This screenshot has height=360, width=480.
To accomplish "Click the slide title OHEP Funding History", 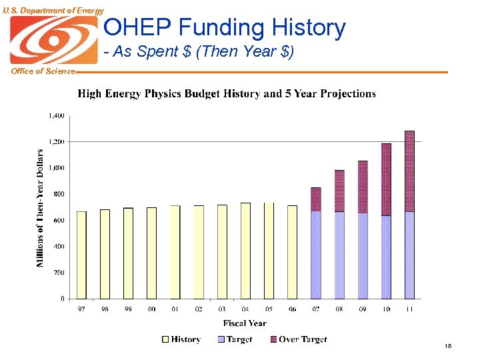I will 225,28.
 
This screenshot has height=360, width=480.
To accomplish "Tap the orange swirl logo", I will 53,40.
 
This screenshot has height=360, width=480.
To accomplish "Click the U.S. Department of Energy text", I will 53,10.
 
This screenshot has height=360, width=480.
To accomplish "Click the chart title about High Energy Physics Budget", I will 227,94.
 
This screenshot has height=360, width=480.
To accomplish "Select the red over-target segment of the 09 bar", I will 363,187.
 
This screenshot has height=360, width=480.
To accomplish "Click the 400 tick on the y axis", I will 59,247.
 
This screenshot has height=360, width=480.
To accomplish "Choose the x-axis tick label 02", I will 199,309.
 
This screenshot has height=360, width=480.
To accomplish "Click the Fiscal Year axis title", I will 245,323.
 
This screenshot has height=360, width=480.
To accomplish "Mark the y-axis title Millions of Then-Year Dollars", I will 40,208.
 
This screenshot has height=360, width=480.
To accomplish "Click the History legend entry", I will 181,340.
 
